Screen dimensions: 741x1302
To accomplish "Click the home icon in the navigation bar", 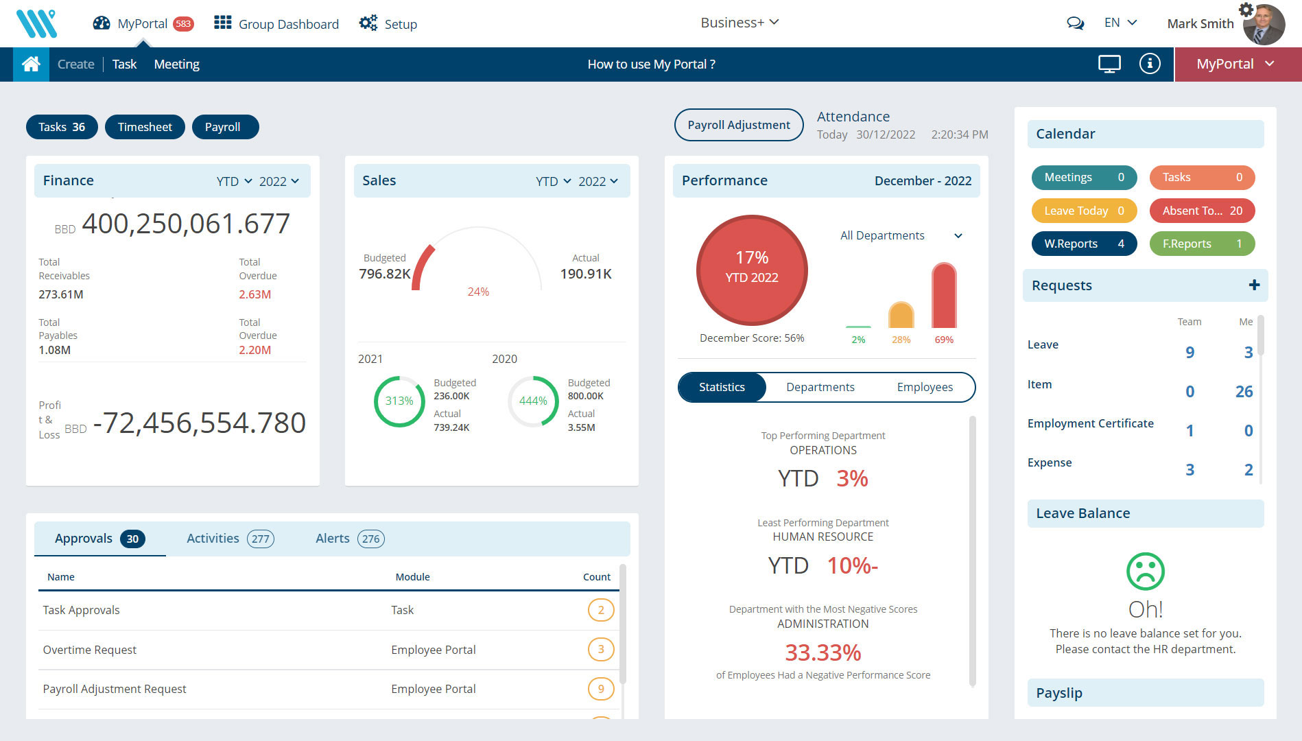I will (x=31, y=64).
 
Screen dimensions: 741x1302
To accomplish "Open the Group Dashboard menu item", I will (x=276, y=24).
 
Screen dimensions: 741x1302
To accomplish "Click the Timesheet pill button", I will (x=145, y=127).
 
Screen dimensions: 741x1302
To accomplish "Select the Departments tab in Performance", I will (x=820, y=387).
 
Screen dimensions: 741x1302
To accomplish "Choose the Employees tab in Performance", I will (x=924, y=387).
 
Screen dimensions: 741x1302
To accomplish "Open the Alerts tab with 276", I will (x=349, y=539).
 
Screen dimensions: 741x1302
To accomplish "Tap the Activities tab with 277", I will (x=230, y=539).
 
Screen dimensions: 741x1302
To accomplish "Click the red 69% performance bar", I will (x=944, y=296).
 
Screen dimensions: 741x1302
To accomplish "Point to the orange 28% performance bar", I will (x=901, y=316).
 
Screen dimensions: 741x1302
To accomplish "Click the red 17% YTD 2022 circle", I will (x=752, y=270).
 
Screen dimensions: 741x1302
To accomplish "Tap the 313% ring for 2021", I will (x=399, y=401).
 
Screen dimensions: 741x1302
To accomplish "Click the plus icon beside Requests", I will (x=1254, y=285).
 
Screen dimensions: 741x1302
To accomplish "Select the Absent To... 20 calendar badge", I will (x=1202, y=211).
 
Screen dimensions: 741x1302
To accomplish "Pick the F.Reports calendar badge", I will (x=1202, y=244).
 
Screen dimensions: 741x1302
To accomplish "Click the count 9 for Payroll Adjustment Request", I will (x=601, y=688).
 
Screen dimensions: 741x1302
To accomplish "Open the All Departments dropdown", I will (x=901, y=235).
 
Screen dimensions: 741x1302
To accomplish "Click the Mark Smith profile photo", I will (x=1264, y=25).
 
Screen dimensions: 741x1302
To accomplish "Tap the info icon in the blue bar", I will (x=1150, y=64).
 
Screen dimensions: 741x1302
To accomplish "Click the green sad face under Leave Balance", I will (x=1145, y=571).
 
